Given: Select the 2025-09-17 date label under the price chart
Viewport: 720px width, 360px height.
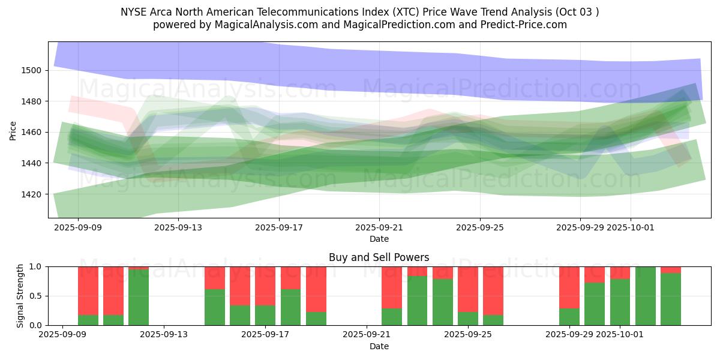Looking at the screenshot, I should coord(278,228).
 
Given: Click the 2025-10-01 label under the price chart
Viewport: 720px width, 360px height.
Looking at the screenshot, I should coord(631,228).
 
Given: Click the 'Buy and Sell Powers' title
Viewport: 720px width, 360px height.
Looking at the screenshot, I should coord(379,257).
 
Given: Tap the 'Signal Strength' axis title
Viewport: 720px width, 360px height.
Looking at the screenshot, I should coord(20,296).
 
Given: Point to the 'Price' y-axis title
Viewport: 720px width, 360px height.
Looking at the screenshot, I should coord(13,130).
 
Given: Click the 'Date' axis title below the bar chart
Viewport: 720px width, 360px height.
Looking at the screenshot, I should coord(379,346).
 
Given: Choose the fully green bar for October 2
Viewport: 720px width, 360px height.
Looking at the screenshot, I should coord(646,296).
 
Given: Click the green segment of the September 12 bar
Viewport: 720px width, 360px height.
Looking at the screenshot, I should coord(139,298).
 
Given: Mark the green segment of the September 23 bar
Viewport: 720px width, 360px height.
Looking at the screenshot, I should coord(418,301).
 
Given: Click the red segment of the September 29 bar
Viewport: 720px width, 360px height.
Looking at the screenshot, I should coord(569,287).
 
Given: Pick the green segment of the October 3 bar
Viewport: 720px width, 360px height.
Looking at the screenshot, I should coord(671,299).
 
